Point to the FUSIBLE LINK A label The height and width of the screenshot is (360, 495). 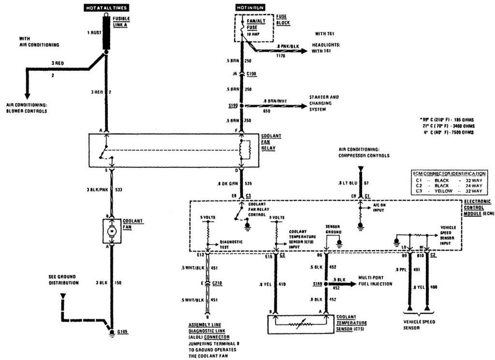pos(121,21)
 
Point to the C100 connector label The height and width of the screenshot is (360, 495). pos(252,74)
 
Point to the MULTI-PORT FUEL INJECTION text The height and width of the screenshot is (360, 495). pos(375,281)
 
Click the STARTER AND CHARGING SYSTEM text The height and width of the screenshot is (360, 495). pos(324,103)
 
